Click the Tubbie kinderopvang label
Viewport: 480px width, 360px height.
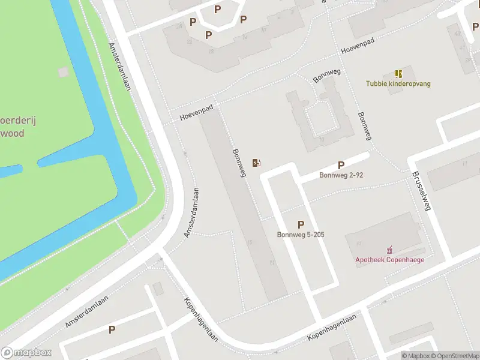pyautogui.click(x=399, y=83)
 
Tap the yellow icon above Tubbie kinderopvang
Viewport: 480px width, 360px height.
pyautogui.click(x=398, y=74)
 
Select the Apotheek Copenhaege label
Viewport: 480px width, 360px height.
pyautogui.click(x=389, y=259)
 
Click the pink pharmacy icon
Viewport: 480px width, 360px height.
pyautogui.click(x=389, y=249)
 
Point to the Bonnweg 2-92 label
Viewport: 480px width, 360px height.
pyautogui.click(x=341, y=175)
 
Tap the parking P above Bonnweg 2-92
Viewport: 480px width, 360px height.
pyautogui.click(x=341, y=165)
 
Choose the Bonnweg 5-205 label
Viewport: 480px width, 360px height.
pyautogui.click(x=301, y=234)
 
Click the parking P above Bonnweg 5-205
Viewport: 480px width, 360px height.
pyautogui.click(x=301, y=224)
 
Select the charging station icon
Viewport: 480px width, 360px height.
pyautogui.click(x=256, y=163)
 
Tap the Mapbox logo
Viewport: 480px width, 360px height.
pyautogui.click(x=26, y=353)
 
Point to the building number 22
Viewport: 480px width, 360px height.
pyautogui.click(x=190, y=42)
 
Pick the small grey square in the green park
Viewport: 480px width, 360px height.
pyautogui.click(x=63, y=72)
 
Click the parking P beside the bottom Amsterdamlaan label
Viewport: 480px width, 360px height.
pyautogui.click(x=112, y=329)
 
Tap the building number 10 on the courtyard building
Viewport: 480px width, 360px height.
pyautogui.click(x=322, y=140)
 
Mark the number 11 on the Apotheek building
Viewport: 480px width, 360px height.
pyautogui.click(x=359, y=244)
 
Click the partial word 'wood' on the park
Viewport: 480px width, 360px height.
pyautogui.click(x=12, y=133)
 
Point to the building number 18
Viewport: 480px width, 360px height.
pyautogui.click(x=211, y=51)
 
